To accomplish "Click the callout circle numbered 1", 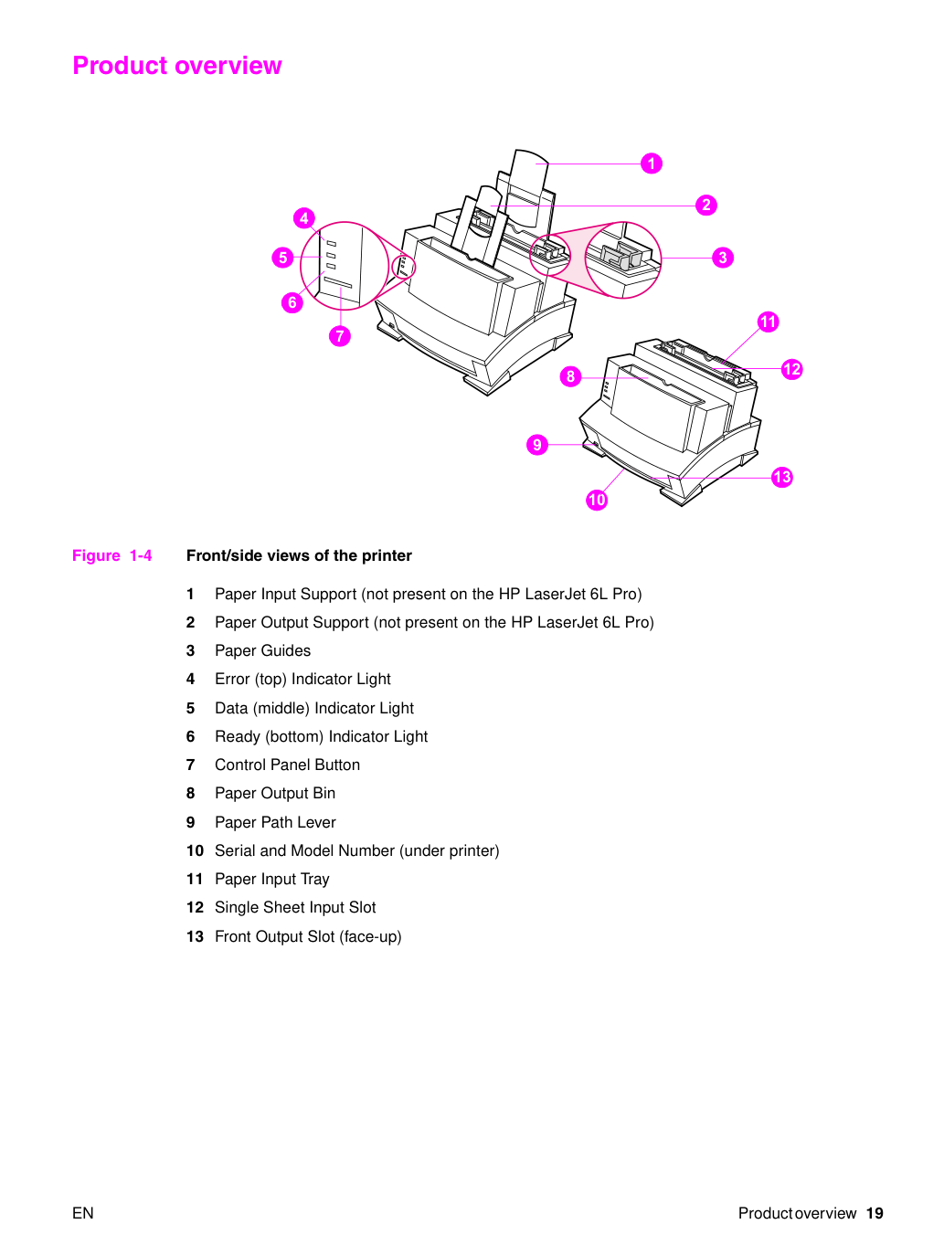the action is pos(651,164).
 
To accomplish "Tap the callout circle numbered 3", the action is pos(723,258).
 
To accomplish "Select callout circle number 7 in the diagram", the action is pos(339,336).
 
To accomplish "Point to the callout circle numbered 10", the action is pos(597,500).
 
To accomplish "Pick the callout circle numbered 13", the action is pos(782,477).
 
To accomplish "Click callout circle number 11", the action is pos(768,322).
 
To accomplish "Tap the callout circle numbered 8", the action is pos(570,376).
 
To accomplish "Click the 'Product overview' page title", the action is pos(177,65).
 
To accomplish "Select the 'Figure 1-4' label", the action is pos(112,555).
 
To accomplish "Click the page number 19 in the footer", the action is pos(875,1213).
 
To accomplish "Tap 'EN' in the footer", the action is pos(83,1213).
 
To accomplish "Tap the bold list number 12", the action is pos(195,908).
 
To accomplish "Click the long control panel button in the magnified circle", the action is pos(338,282).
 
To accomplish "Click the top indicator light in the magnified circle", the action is pos(332,244).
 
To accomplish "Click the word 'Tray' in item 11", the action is pos(315,879).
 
